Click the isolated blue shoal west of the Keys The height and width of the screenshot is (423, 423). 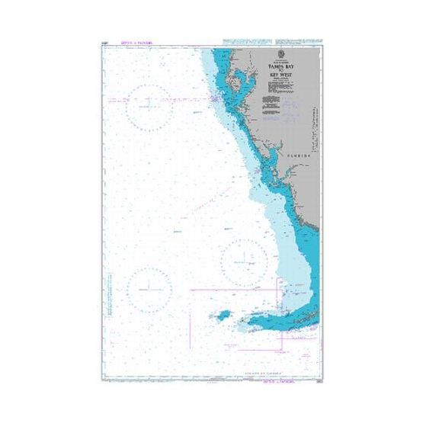226,315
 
